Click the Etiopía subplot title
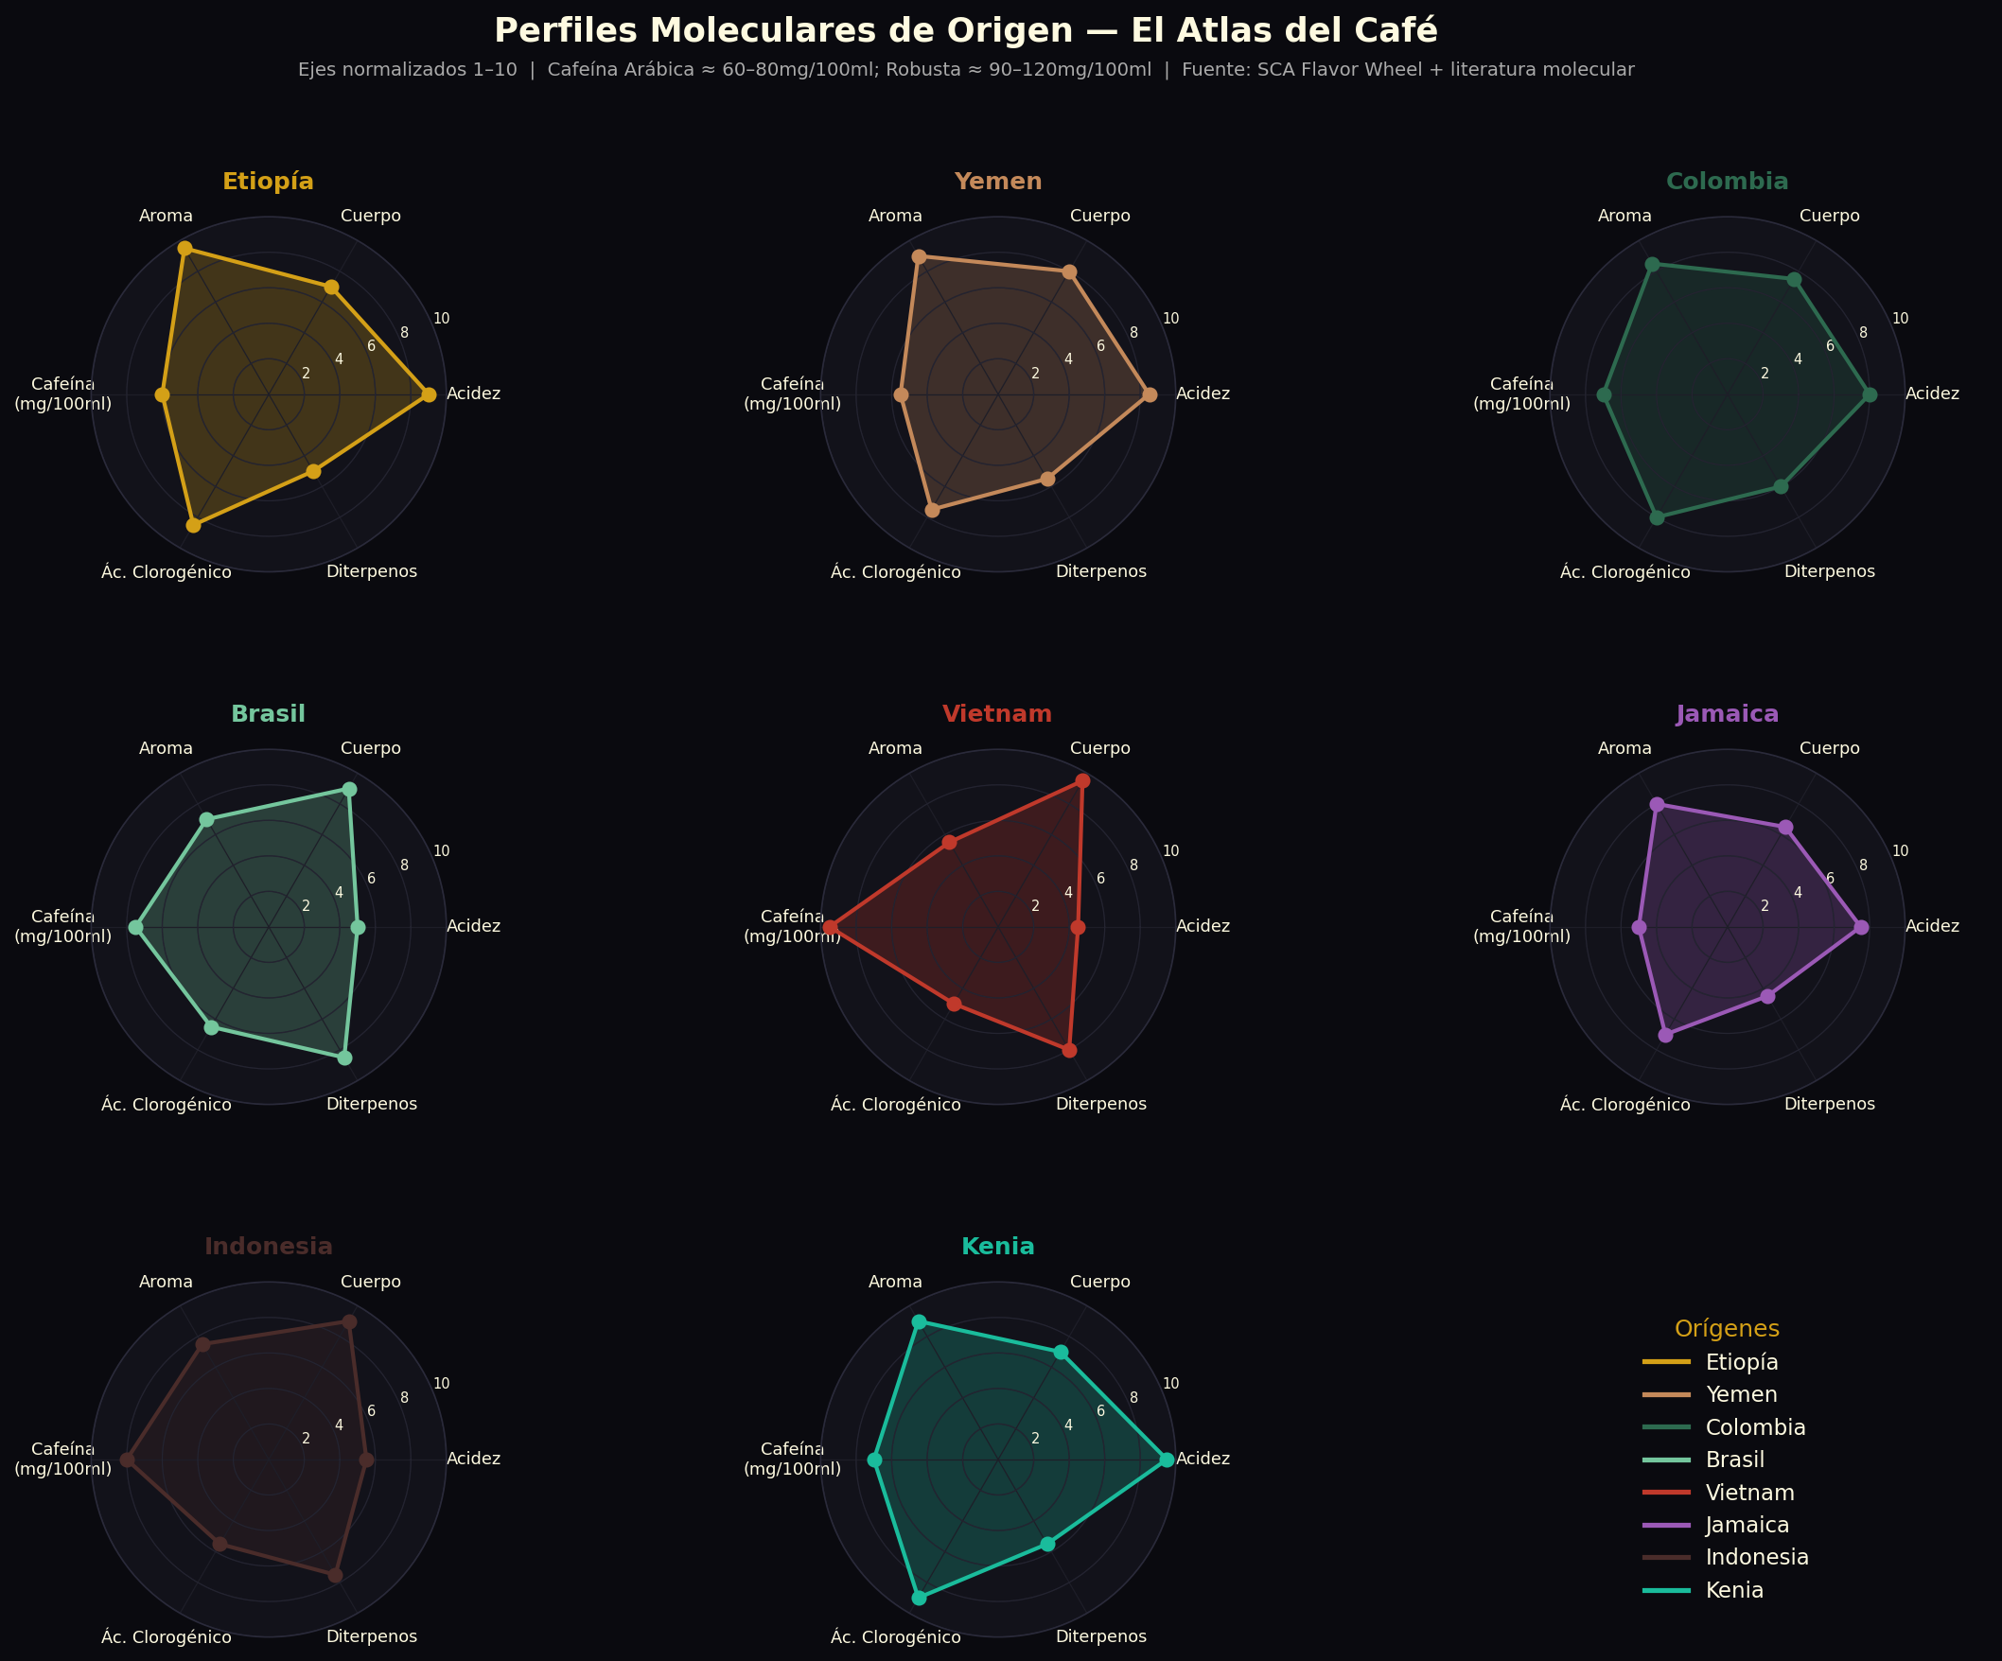tap(268, 181)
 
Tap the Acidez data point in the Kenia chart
tap(1166, 1460)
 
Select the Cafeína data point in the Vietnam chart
tap(830, 927)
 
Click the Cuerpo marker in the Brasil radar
tap(350, 789)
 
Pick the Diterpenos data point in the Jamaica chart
tap(1767, 997)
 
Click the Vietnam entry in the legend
tap(1749, 1493)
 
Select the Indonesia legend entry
tap(1756, 1557)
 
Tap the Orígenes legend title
tap(1727, 1328)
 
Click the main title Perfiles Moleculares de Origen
tap(965, 30)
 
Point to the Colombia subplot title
tap(1727, 181)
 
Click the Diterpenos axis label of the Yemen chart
tap(1101, 571)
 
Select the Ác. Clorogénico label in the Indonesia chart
tap(167, 1637)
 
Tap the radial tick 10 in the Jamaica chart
tap(1900, 851)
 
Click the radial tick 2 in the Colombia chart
tap(1765, 374)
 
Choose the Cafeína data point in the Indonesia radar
tap(127, 1460)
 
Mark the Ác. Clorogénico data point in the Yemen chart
tap(932, 511)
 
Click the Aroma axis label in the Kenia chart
tap(895, 1282)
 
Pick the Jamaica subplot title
tap(1727, 714)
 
